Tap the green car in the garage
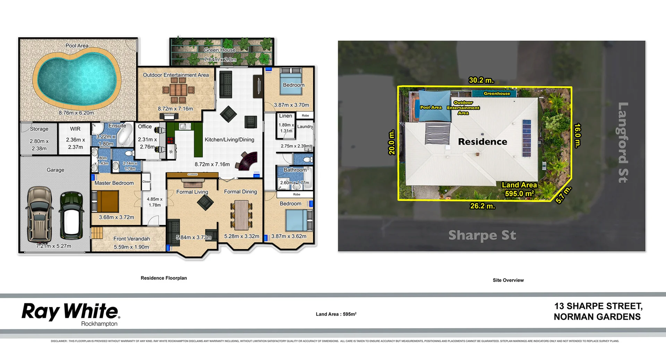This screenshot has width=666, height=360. coord(72,216)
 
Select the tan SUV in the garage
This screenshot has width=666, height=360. coord(39,214)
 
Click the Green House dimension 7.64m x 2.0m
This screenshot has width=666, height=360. coord(220,60)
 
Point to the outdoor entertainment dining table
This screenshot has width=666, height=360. coord(178,90)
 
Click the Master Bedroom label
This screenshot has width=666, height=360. coord(114,183)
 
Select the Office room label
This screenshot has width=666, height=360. coord(145,127)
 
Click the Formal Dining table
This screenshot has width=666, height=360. coord(241,215)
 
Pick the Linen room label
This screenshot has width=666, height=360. coord(285,116)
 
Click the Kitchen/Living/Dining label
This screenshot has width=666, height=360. coord(229,140)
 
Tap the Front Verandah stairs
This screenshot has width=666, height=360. coord(97,233)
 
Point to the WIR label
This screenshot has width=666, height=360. coord(75,129)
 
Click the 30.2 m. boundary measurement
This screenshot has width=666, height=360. coord(481,80)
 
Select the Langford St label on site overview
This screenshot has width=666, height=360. coord(623,142)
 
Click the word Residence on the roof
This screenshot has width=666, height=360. coord(483,142)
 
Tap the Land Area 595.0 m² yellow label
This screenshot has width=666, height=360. coord(519,189)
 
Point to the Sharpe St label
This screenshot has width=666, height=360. coord(482,235)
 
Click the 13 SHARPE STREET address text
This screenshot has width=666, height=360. coord(598,306)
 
